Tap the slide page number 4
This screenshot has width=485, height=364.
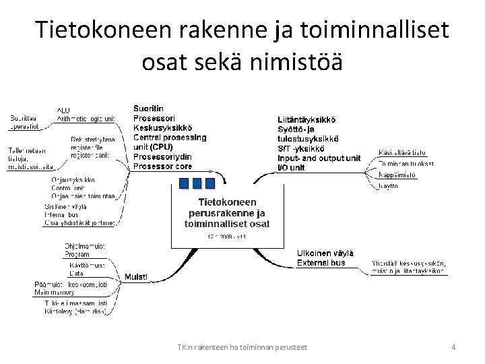coord(453,347)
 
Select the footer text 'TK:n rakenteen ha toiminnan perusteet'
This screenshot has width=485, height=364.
coord(243,347)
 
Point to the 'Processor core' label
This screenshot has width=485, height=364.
coord(162,166)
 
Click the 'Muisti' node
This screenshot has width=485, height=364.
coord(136,276)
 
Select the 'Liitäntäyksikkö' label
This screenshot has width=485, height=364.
coord(306,119)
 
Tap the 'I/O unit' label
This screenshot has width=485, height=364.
coord(291,166)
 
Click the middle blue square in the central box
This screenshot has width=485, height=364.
coord(197,183)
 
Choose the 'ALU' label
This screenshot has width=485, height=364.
coord(63,110)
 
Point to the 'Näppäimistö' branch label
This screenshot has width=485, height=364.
coord(397,174)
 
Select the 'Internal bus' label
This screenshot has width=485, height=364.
coord(62,214)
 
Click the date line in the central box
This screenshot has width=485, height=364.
coord(226,237)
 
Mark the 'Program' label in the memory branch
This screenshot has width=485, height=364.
coord(77,255)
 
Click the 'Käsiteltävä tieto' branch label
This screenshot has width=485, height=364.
coord(402,152)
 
